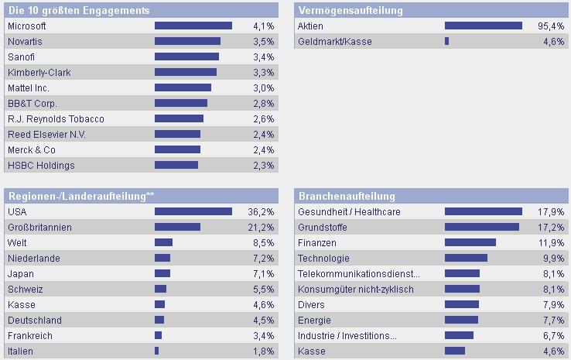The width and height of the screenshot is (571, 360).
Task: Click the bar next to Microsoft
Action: (193, 26)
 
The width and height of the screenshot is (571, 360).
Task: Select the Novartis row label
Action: (24, 41)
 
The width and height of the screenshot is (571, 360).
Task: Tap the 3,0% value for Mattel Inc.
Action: (264, 87)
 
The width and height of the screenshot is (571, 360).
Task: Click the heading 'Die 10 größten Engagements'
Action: (78, 10)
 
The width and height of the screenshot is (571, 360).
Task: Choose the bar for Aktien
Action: (484, 26)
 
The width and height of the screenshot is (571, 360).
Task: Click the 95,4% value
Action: (552, 26)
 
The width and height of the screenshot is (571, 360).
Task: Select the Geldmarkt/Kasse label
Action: (334, 41)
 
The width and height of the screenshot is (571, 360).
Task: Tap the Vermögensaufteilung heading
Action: (350, 10)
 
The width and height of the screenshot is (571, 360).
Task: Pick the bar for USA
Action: (193, 211)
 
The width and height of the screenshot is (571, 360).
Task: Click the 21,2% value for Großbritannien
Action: (262, 227)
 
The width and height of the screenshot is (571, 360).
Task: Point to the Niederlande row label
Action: (33, 258)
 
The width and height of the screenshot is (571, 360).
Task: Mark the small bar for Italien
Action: (156, 351)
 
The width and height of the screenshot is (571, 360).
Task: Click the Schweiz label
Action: (24, 289)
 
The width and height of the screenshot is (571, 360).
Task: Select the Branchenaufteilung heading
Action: (347, 196)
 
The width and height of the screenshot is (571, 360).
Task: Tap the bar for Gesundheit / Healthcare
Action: (484, 211)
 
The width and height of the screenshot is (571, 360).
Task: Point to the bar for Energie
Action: (461, 320)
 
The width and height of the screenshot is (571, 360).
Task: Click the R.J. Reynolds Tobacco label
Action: (55, 118)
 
